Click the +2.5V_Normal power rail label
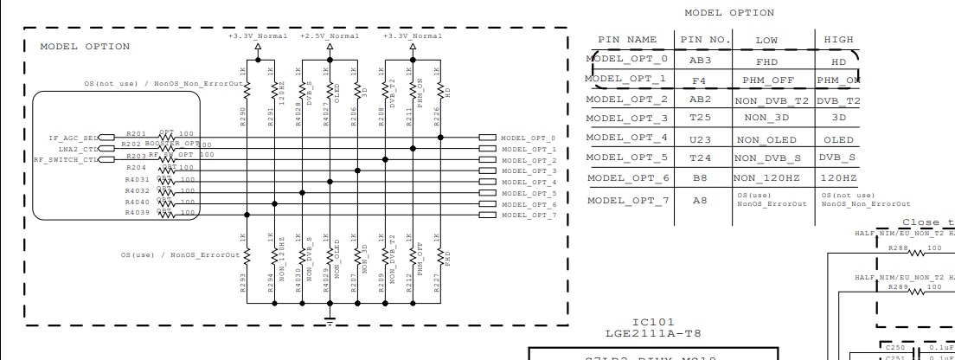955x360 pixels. coord(329,35)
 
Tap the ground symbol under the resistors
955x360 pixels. coord(329,320)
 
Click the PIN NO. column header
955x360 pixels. coord(706,40)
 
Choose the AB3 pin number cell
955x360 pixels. coord(702,62)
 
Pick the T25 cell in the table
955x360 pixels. coord(702,116)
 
